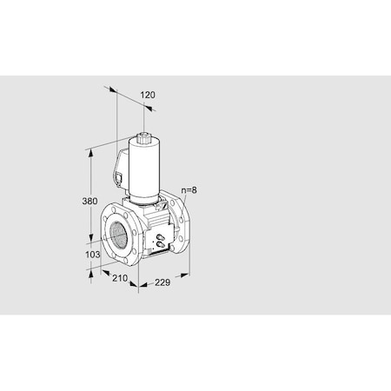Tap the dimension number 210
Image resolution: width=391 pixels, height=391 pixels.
pyautogui.click(x=120, y=279)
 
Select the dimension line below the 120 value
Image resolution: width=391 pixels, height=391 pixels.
pyautogui.click(x=130, y=98)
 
